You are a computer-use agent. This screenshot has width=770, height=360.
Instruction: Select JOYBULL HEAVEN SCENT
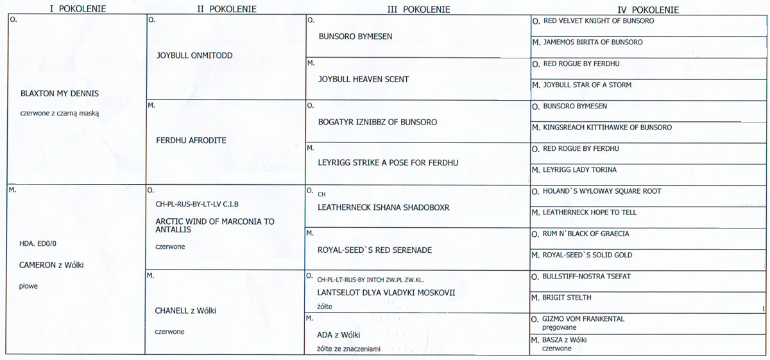point(363,80)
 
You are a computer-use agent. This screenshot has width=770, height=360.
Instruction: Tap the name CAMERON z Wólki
point(52,264)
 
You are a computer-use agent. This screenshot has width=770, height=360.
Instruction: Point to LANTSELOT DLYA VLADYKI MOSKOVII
point(386,293)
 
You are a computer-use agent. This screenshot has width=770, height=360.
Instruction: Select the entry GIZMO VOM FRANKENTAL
point(583,319)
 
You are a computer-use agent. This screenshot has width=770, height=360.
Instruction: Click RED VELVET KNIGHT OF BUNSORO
point(599,21)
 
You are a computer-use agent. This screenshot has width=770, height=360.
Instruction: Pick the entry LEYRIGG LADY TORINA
point(579,170)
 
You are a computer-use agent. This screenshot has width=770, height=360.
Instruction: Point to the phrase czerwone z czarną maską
point(59,113)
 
